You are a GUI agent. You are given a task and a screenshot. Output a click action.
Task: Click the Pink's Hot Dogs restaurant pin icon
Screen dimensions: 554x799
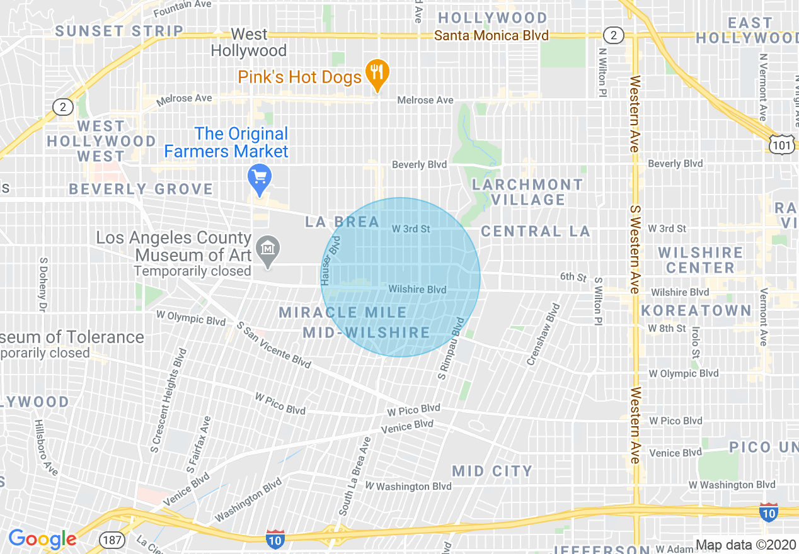click(x=377, y=74)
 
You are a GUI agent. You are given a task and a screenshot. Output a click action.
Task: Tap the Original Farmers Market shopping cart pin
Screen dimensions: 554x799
click(x=259, y=179)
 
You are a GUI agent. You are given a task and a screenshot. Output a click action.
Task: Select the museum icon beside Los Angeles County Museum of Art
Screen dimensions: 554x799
click(x=269, y=250)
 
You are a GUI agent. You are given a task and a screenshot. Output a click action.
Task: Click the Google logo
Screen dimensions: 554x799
click(x=42, y=539)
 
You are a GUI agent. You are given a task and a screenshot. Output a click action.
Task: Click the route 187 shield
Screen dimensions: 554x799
click(x=110, y=540)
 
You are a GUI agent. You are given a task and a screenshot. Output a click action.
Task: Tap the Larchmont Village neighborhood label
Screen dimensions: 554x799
click(x=527, y=192)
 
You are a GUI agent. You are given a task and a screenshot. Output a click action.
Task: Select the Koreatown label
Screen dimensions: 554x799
click(x=696, y=310)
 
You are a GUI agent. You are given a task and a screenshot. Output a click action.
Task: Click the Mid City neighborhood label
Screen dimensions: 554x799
click(x=492, y=471)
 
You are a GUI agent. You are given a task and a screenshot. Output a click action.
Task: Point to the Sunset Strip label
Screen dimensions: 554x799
click(x=119, y=31)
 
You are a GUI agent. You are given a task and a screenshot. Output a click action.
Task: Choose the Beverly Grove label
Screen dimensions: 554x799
click(x=141, y=189)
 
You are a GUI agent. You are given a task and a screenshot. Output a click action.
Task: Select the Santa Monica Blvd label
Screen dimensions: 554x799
click(x=491, y=35)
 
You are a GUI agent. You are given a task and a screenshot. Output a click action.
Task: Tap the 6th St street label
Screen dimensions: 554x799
click(x=573, y=276)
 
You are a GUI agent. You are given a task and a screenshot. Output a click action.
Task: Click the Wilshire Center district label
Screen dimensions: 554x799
click(x=700, y=260)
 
